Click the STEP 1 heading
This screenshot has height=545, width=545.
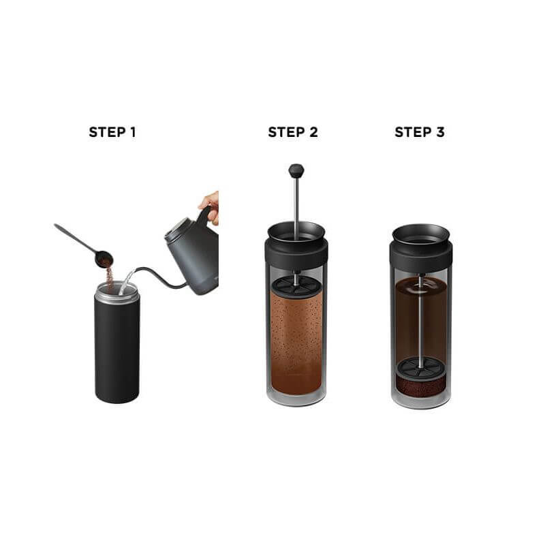point(112,132)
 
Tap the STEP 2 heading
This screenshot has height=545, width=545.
point(293,132)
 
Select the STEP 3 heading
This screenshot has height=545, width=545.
point(420,132)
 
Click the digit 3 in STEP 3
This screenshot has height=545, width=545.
point(440,132)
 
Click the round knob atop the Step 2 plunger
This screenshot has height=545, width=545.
point(296,170)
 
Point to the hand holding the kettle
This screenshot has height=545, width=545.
point(211,204)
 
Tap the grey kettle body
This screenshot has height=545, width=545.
point(198,262)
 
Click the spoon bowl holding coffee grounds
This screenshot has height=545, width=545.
point(104,258)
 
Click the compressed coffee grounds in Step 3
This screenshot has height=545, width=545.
point(420,388)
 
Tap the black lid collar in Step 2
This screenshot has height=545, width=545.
point(296,252)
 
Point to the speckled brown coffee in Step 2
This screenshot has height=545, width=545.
point(296,334)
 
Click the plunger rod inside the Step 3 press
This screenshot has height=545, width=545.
point(420,320)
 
